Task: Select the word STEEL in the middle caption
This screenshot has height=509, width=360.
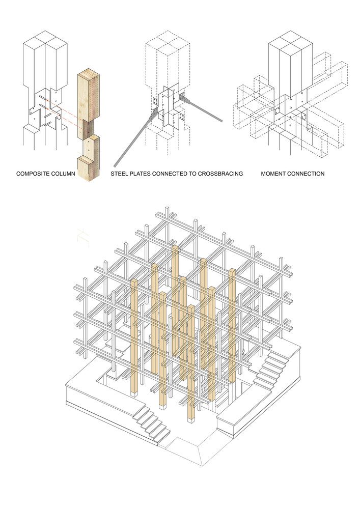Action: coord(118,174)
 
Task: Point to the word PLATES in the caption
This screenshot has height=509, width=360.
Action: coord(139,174)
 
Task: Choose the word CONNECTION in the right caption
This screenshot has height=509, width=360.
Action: coord(306,174)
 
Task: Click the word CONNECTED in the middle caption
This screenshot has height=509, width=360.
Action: coord(170,174)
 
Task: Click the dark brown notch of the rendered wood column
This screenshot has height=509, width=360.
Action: coord(89,129)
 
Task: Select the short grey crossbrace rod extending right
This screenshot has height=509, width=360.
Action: coord(201,109)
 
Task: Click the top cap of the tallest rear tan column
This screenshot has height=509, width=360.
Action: coord(175,249)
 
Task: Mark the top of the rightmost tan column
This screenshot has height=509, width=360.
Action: coord(232,271)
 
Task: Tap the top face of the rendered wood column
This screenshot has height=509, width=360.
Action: coord(88,73)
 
